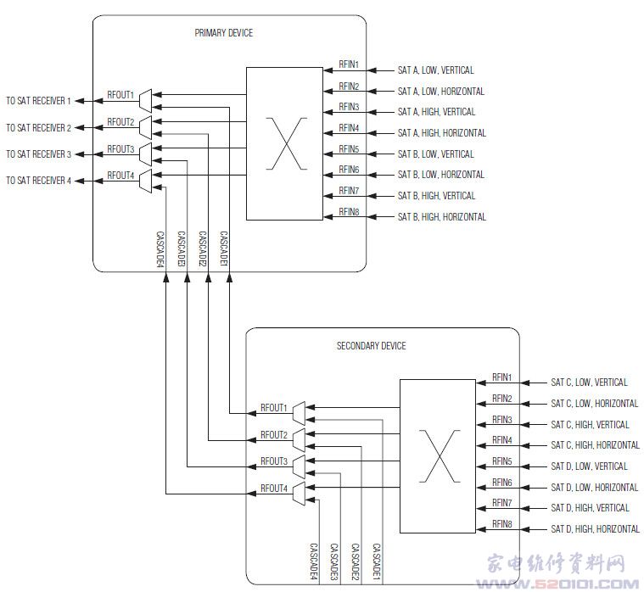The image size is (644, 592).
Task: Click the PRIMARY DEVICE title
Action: [x=223, y=33]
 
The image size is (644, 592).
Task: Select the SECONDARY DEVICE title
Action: [x=371, y=346]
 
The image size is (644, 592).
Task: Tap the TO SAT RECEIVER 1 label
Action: [x=39, y=101]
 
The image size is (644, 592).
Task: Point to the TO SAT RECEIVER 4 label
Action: [x=39, y=180]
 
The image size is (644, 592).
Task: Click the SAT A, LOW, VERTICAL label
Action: [x=435, y=70]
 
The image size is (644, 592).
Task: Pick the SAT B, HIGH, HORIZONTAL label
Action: [x=441, y=217]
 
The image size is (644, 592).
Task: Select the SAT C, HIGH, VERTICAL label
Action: [x=590, y=424]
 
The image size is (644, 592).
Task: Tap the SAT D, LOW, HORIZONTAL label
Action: [x=594, y=488]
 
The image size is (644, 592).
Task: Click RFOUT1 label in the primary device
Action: [x=120, y=95]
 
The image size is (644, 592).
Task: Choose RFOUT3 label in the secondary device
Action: [x=274, y=461]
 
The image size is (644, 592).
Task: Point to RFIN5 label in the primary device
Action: [x=349, y=149]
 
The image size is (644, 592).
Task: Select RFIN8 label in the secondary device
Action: [x=502, y=525]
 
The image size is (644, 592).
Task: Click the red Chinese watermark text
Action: [x=556, y=564]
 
